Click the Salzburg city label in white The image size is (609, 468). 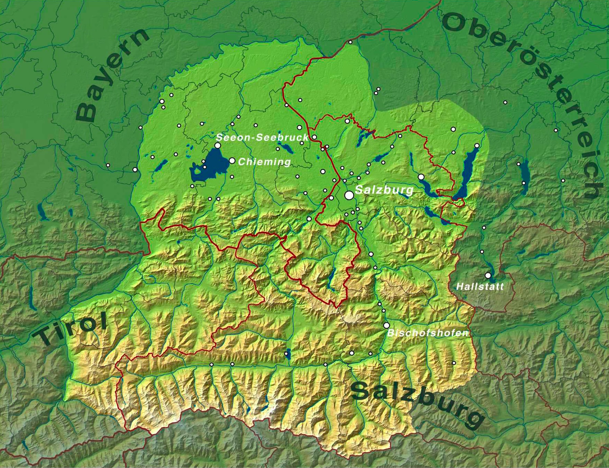[x=384, y=189]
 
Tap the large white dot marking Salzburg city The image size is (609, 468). [x=349, y=195]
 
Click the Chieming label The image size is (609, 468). [x=264, y=162]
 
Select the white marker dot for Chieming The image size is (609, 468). [x=232, y=161]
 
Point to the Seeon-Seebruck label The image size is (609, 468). [x=262, y=137]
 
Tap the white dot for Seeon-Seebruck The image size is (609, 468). [x=217, y=146]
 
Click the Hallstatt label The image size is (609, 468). [x=480, y=286]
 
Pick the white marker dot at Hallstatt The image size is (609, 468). [x=488, y=275]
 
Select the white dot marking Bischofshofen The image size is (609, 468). [x=386, y=325]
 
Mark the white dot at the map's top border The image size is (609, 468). [x=350, y=42]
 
